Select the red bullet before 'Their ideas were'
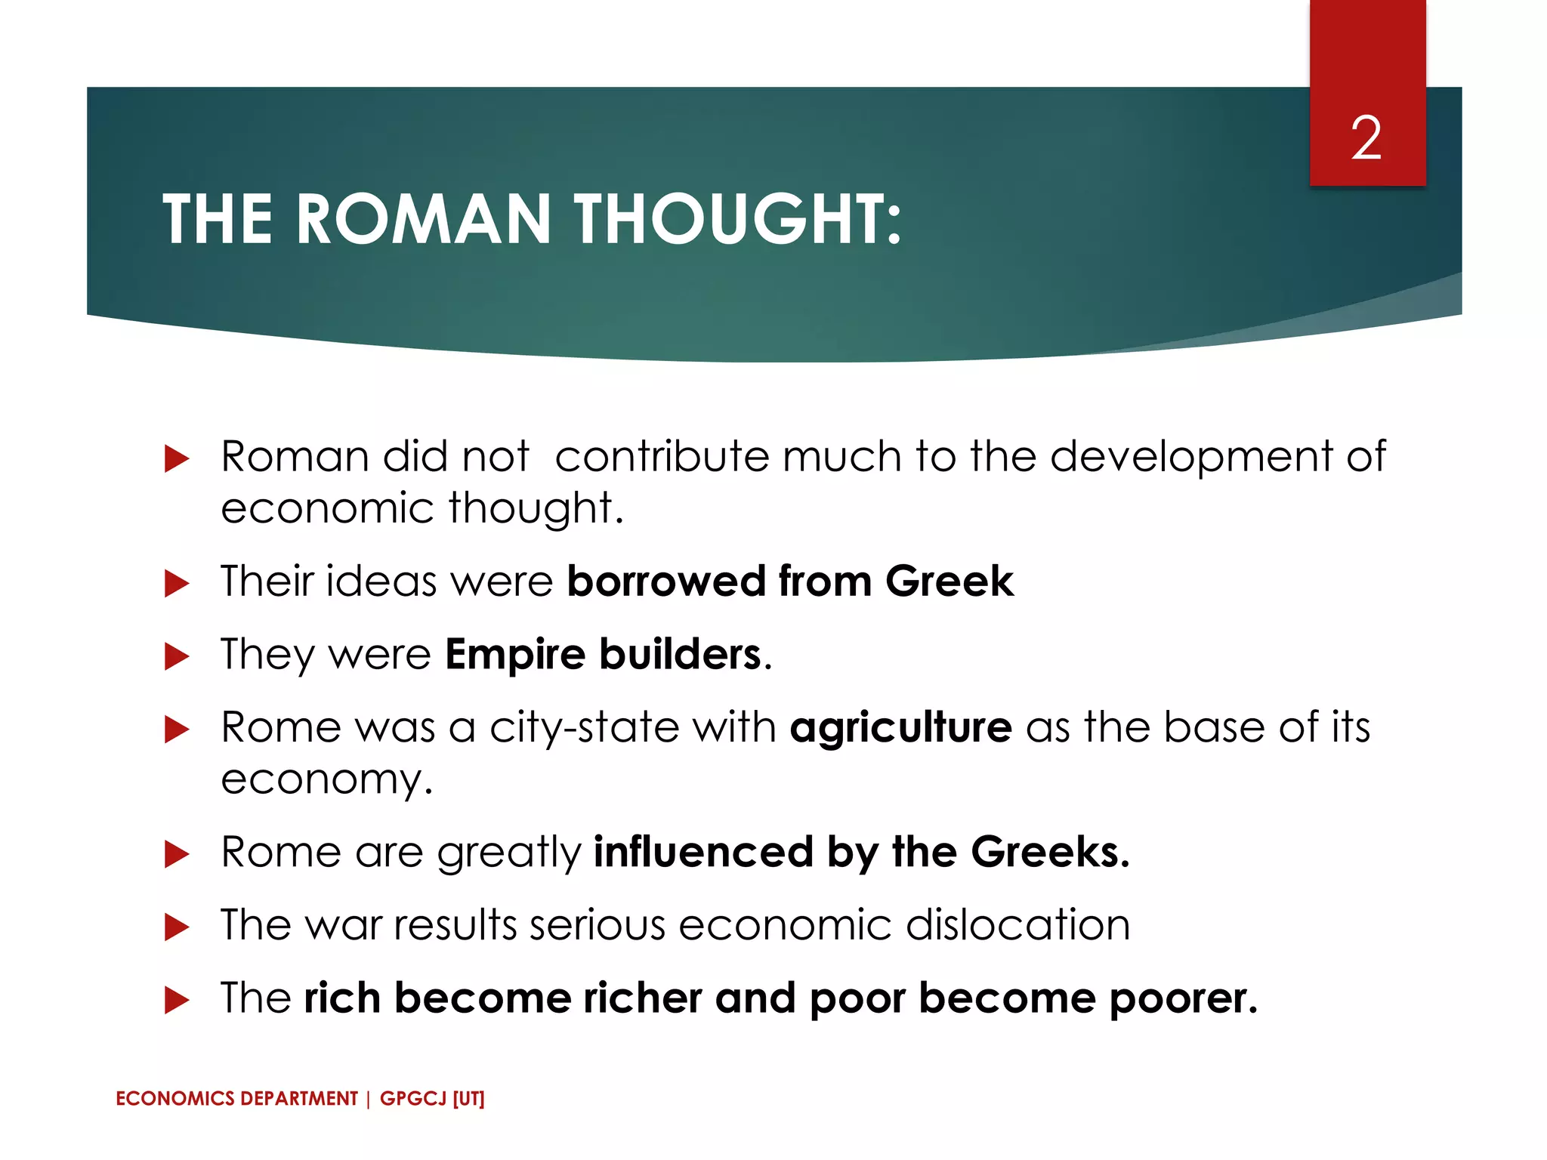coord(176,583)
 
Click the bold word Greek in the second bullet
coord(949,582)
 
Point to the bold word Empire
coord(515,654)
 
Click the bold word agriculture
coord(900,727)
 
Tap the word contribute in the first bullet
coord(662,457)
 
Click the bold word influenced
coord(703,853)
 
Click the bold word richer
coord(642,998)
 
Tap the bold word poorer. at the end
coord(1183,998)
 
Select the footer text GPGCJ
coord(413,1099)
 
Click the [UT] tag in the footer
coord(468,1099)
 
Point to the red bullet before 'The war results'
coord(176,927)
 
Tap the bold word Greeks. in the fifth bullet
coord(1050,853)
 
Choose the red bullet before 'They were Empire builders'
coord(176,656)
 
